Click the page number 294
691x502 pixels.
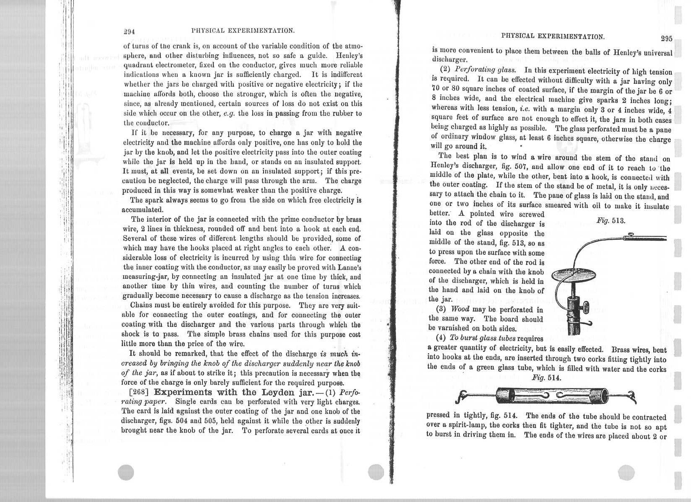pos(128,31)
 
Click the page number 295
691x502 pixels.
pos(666,39)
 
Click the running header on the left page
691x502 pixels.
pos(242,31)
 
